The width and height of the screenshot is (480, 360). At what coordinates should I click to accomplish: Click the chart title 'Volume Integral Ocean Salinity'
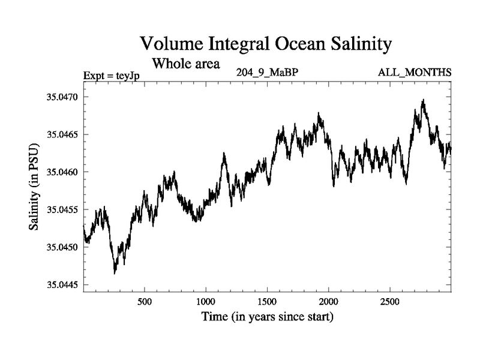pyautogui.click(x=266, y=44)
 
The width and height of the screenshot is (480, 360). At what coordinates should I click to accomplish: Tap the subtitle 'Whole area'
pyautogui.click(x=187, y=62)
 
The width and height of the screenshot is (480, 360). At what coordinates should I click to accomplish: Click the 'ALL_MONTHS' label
pyautogui.click(x=415, y=73)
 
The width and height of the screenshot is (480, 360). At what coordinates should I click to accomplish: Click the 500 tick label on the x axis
pyautogui.click(x=144, y=301)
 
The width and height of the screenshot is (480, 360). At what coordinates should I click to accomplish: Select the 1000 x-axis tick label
pyautogui.click(x=205, y=301)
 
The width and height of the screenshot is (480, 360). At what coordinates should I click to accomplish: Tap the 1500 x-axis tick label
pyautogui.click(x=267, y=301)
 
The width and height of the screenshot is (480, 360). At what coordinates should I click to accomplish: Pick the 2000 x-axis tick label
pyautogui.click(x=329, y=301)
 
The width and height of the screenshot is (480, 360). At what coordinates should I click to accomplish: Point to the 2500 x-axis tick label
pyautogui.click(x=390, y=301)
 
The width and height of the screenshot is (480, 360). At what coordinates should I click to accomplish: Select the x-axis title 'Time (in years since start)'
pyautogui.click(x=267, y=316)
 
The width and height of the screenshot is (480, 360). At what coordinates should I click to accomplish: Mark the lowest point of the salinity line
pyautogui.click(x=115, y=274)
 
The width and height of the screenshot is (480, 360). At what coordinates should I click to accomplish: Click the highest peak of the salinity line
pyautogui.click(x=424, y=100)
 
